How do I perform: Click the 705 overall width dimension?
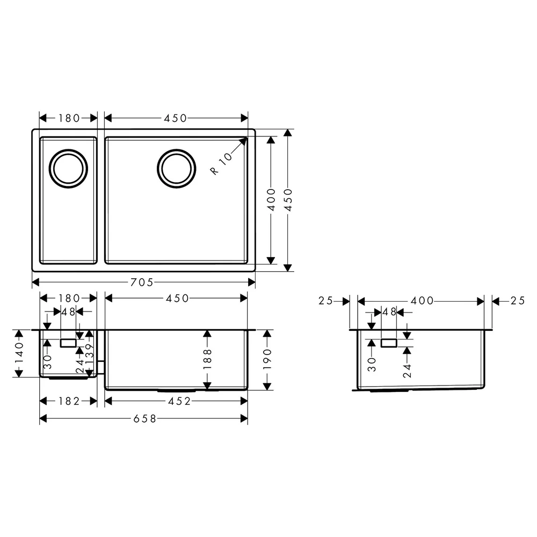pyautogui.click(x=142, y=282)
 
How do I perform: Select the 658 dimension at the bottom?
pyautogui.click(x=144, y=418)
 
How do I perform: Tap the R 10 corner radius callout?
pyautogui.click(x=221, y=163)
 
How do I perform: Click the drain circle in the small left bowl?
pyautogui.click(x=68, y=169)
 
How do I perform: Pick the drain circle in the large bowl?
pyautogui.click(x=176, y=169)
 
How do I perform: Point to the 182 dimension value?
pyautogui.click(x=69, y=401)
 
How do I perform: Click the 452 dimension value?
pyautogui.click(x=179, y=401)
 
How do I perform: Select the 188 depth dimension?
pyautogui.click(x=207, y=359)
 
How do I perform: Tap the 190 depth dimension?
pyautogui.click(x=267, y=359)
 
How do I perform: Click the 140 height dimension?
pyautogui.click(x=19, y=353)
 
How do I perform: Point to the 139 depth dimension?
pyautogui.click(x=89, y=355)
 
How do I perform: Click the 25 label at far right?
pyautogui.click(x=518, y=301)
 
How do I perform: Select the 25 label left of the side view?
pyautogui.click(x=325, y=301)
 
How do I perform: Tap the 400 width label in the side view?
pyautogui.click(x=422, y=301)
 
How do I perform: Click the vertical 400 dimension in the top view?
pyautogui.click(x=271, y=199)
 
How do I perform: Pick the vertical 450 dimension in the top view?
pyautogui.click(x=288, y=200)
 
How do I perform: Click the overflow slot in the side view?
pyautogui.click(x=389, y=343)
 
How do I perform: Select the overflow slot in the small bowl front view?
pyautogui.click(x=68, y=343)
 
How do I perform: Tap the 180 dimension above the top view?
pyautogui.click(x=69, y=118)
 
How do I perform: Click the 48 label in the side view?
pyautogui.click(x=389, y=312)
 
